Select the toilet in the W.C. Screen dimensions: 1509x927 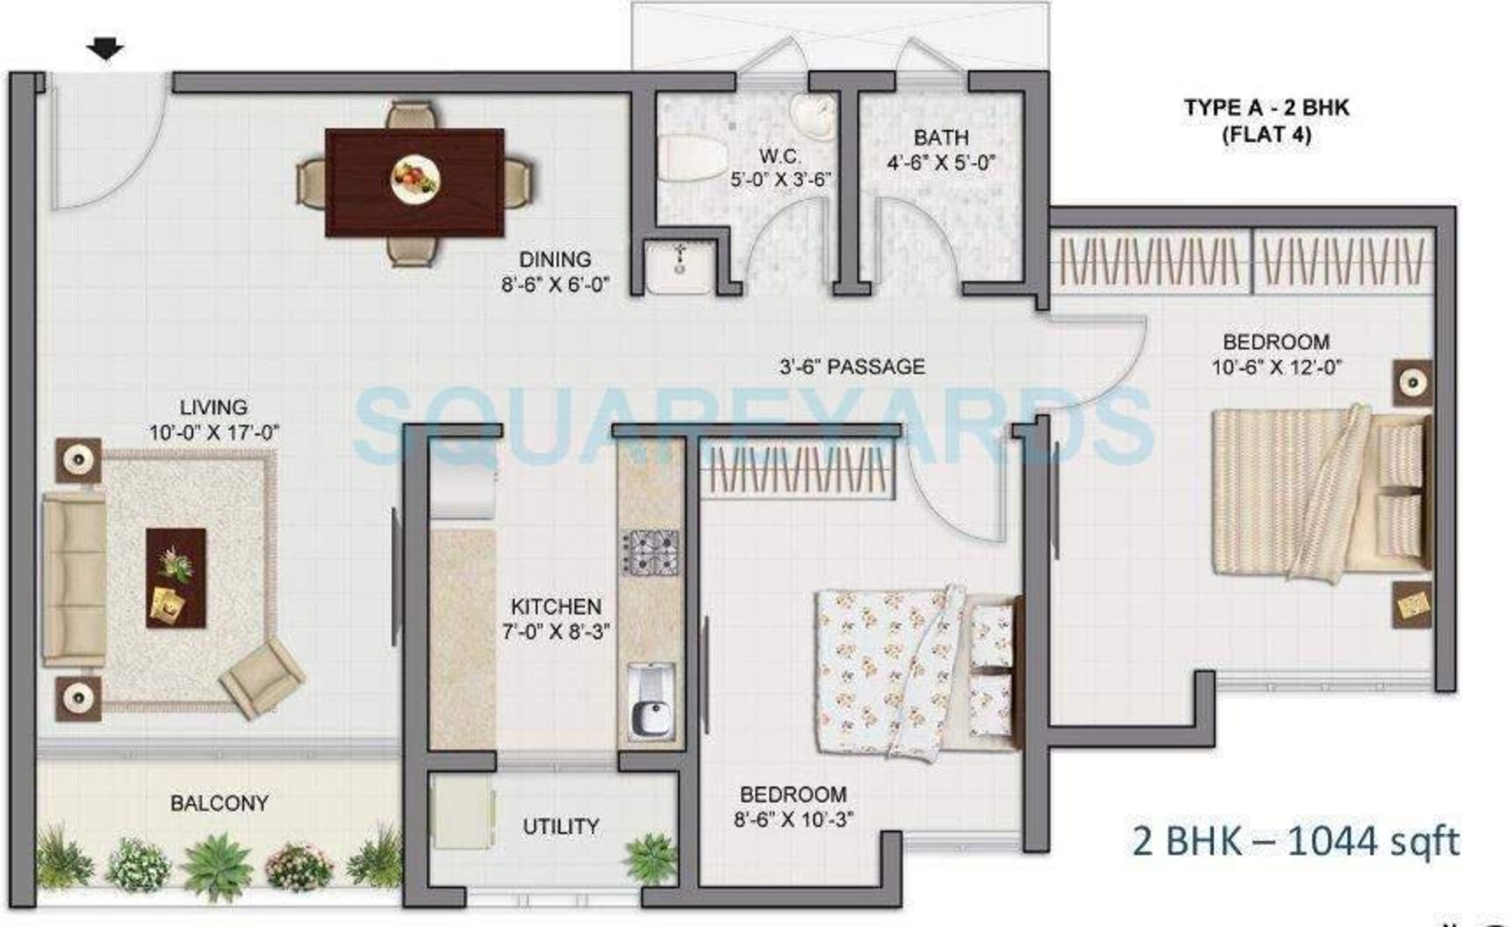[692, 157]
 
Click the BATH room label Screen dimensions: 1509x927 [941, 137]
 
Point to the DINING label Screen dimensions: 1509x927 [555, 259]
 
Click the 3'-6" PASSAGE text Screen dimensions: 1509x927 [852, 366]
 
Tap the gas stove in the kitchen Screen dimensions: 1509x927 [651, 552]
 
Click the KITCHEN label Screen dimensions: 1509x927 [556, 606]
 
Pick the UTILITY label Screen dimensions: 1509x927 [561, 826]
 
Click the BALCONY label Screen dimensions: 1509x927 [219, 803]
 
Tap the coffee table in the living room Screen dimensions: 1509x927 [176, 578]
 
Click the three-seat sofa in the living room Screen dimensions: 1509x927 [73, 581]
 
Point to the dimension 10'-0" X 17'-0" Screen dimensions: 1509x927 [214, 433]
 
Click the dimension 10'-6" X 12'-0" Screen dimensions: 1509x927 [1277, 367]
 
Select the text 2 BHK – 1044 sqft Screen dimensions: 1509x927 [1295, 842]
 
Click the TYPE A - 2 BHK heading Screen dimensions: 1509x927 [1267, 108]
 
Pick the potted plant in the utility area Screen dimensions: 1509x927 [651, 859]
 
